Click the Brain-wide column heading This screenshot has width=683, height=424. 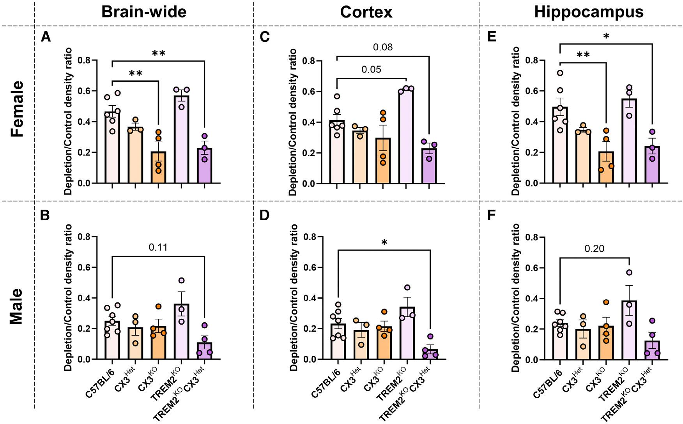point(144,12)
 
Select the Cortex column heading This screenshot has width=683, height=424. point(366,12)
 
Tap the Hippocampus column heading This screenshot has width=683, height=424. point(589,12)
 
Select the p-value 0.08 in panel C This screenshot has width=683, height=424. point(383,48)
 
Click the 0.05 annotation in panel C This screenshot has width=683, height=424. point(371,70)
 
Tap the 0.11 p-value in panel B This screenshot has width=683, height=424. point(158,247)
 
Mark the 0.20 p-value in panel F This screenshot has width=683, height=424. point(595,249)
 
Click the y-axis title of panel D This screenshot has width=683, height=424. point(294,298)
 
